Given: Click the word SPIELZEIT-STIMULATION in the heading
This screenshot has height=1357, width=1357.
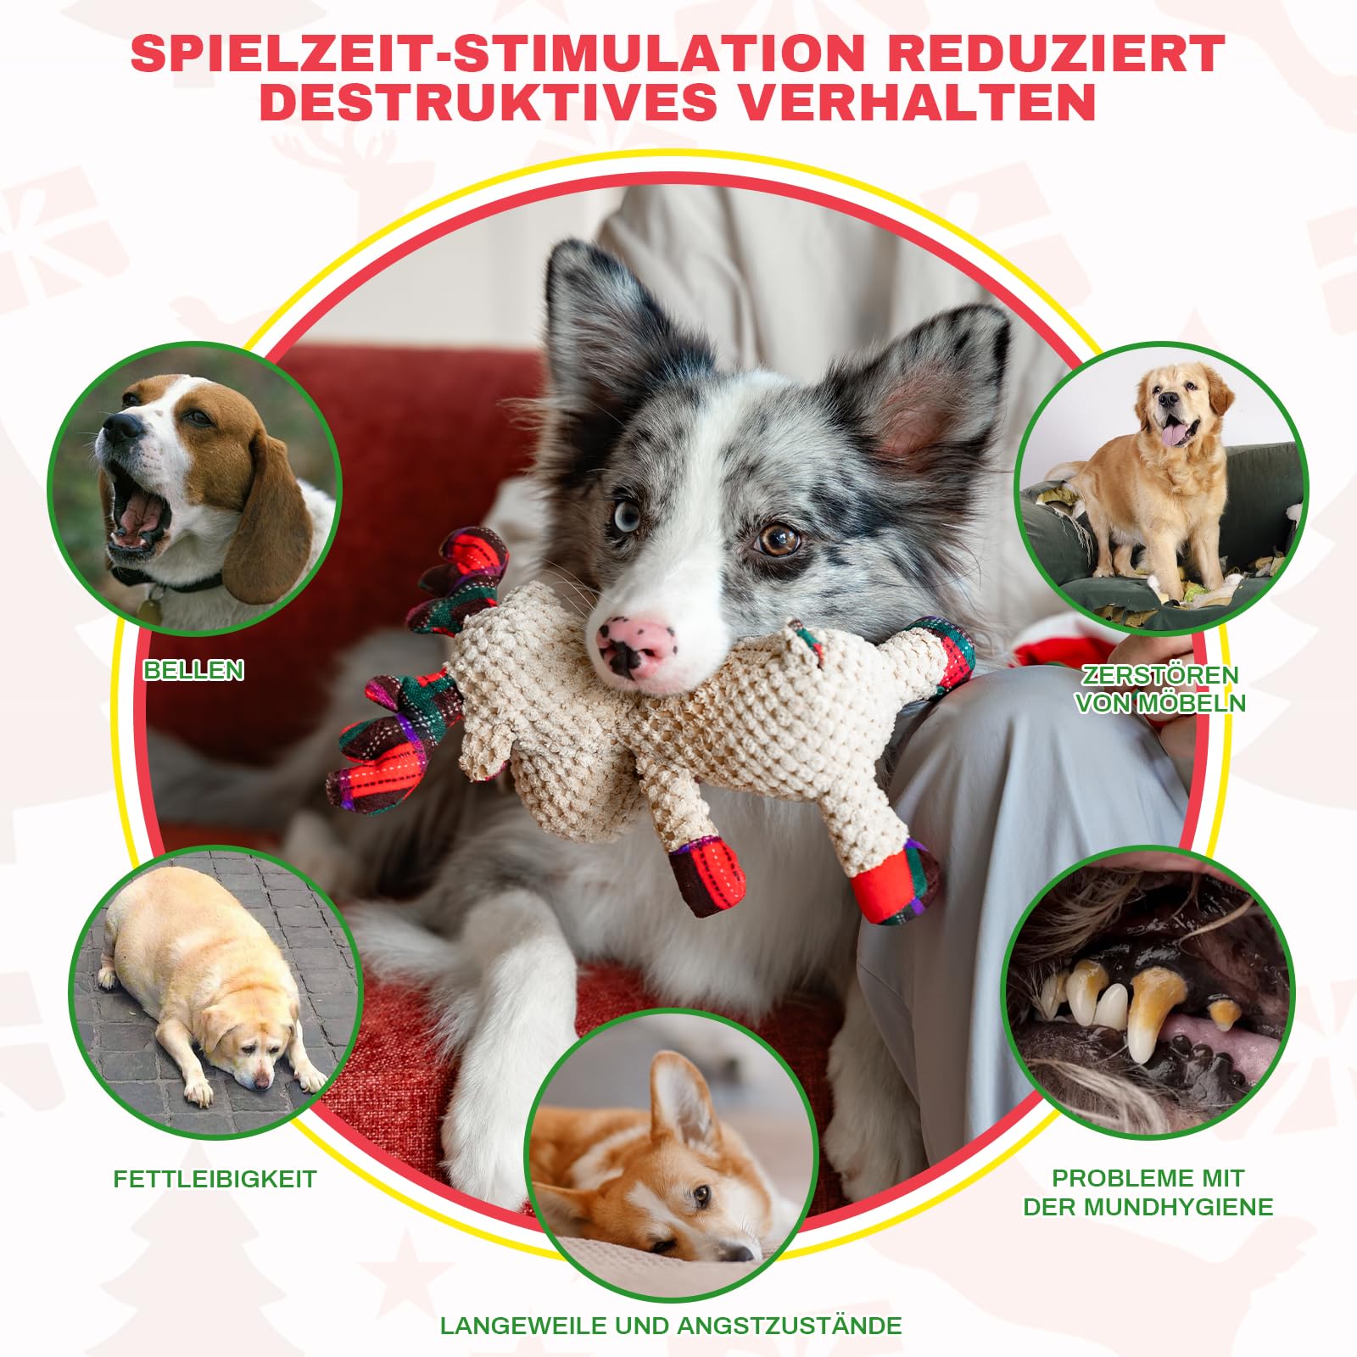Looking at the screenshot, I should [498, 53].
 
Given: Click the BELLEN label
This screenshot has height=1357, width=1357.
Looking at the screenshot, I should [193, 670].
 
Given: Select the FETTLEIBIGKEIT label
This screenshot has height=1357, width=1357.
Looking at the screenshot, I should [215, 1179].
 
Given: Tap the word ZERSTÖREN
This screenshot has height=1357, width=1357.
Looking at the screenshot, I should [1160, 675].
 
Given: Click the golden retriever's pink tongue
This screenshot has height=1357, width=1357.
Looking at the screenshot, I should [1174, 435].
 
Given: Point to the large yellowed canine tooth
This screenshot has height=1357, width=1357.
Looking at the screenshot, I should [1149, 1009].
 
